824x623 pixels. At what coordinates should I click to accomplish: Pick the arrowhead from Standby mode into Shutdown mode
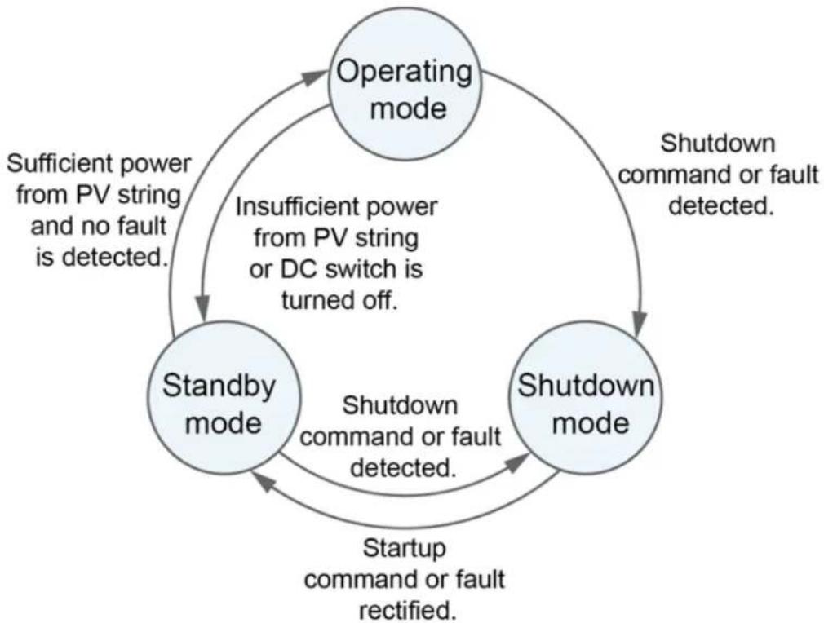(517, 463)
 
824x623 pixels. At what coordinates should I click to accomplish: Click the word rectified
(408, 611)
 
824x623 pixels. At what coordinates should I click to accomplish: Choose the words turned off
(339, 300)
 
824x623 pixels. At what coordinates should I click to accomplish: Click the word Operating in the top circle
(404, 72)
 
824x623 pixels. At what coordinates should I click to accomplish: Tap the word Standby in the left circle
(219, 386)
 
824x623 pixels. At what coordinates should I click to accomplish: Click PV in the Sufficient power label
(94, 195)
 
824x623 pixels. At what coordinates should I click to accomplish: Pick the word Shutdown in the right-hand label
(717, 144)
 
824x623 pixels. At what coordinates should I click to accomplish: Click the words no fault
(125, 227)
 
